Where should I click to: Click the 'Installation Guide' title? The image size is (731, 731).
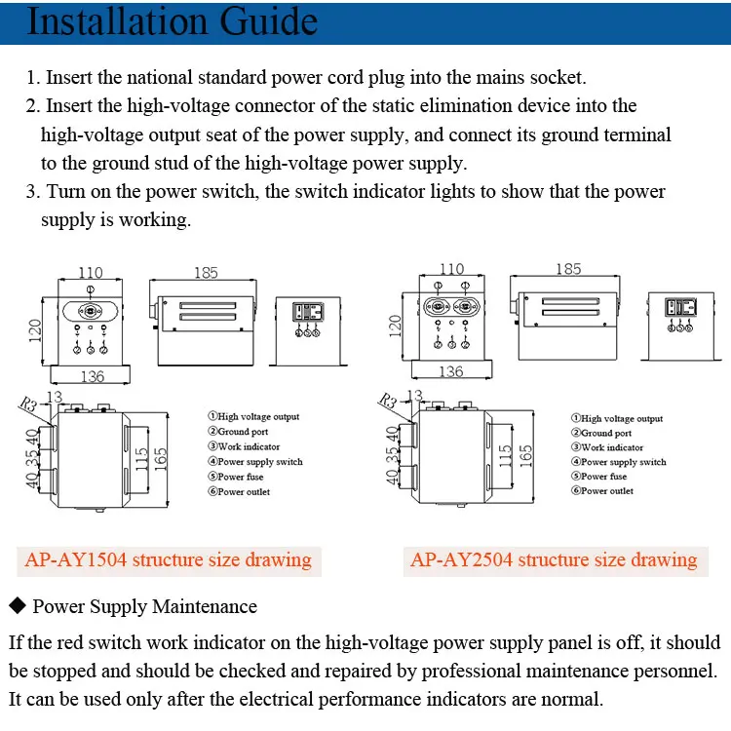pos(172,21)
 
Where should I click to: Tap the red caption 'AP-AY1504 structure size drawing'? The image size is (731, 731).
pos(167,559)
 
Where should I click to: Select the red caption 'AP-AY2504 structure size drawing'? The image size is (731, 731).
pos(554,559)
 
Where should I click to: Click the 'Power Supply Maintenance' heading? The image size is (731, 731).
pos(144,606)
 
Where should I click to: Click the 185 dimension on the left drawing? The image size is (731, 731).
pos(207,273)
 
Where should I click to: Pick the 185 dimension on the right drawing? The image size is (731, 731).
pos(568,269)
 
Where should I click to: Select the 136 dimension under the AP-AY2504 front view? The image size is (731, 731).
pos(450,372)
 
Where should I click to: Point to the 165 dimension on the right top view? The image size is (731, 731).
pos(525,452)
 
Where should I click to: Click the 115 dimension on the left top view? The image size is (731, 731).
pos(141,454)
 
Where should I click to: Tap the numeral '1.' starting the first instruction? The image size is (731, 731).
pos(33,77)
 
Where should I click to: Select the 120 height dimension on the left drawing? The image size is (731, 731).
pos(35,331)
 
